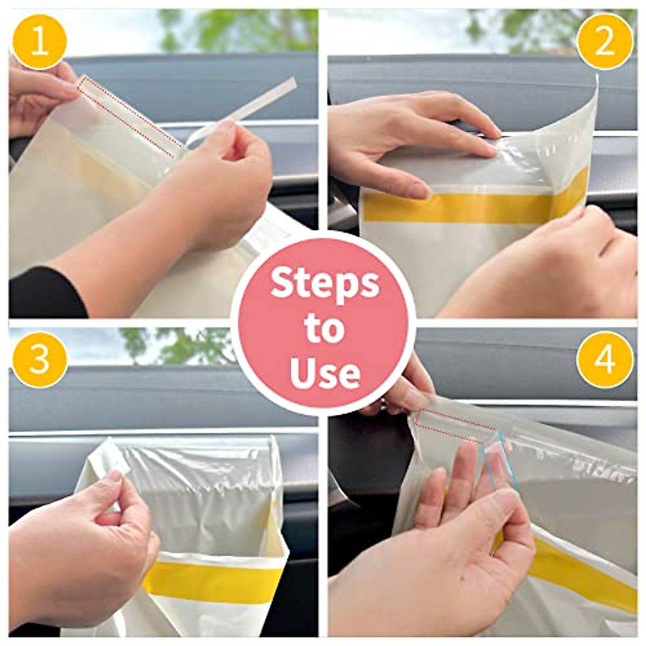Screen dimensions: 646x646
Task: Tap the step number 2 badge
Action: [x=605, y=41]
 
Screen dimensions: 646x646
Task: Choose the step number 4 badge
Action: [x=605, y=359]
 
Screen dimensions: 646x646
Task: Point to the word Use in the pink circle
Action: [x=325, y=373]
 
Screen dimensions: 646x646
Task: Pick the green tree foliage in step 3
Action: [x=183, y=345]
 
